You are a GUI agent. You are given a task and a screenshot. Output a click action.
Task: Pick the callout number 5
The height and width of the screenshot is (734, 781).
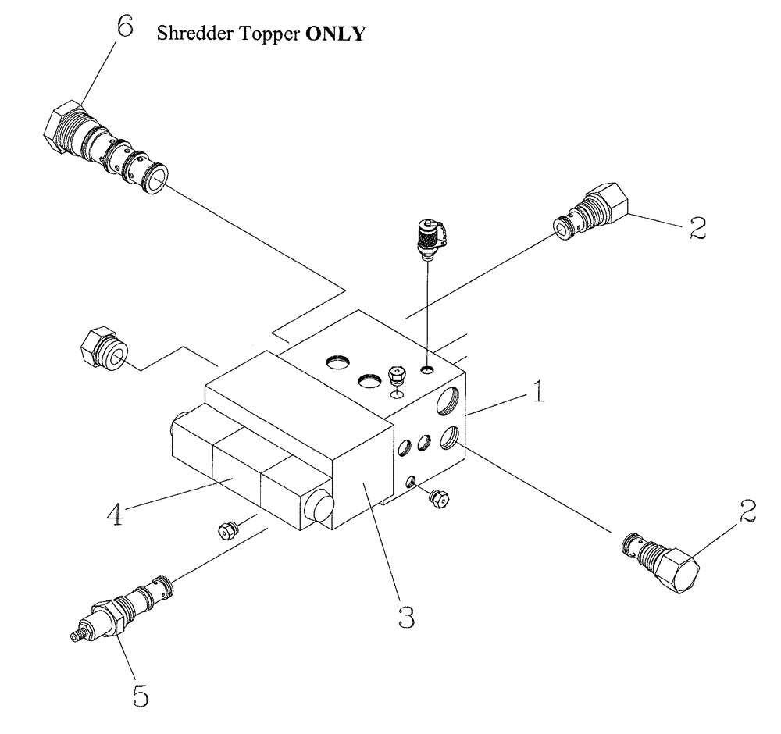[x=140, y=695]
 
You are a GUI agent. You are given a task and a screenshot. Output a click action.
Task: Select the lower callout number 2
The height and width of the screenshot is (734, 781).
[x=747, y=511]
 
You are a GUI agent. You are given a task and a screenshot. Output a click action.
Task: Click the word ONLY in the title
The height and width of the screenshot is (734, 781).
[x=337, y=35]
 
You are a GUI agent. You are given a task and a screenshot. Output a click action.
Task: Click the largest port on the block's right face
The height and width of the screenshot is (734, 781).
[x=448, y=401]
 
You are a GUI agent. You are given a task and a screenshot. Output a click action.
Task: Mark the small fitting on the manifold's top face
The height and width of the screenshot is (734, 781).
[x=397, y=376]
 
